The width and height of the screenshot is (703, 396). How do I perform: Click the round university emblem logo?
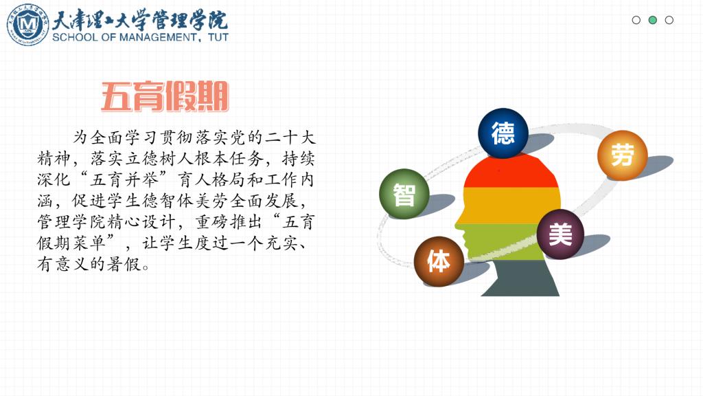pyautogui.click(x=27, y=24)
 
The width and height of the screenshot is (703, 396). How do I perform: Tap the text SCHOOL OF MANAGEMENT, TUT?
pyautogui.click(x=140, y=37)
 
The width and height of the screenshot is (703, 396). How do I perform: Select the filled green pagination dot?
pyautogui.click(x=653, y=20)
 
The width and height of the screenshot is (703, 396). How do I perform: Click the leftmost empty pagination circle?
pyautogui.click(x=636, y=20)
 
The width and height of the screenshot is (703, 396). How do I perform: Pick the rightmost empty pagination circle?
pyautogui.click(x=669, y=20)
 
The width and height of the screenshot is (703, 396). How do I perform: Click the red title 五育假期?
pyautogui.click(x=165, y=96)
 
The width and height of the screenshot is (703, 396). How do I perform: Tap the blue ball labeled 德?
pyautogui.click(x=503, y=133)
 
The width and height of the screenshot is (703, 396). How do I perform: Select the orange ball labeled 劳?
pyautogui.click(x=622, y=155)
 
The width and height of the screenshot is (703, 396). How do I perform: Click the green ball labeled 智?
pyautogui.click(x=404, y=194)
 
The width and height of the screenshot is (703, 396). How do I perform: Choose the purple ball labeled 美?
pyautogui.click(x=560, y=234)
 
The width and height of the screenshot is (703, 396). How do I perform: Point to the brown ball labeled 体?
pyautogui.click(x=439, y=261)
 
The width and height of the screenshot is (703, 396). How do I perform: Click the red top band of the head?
pyautogui.click(x=511, y=173)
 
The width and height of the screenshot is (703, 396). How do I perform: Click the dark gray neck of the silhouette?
pyautogui.click(x=520, y=278)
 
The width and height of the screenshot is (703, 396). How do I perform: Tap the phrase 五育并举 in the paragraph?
pyautogui.click(x=124, y=179)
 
